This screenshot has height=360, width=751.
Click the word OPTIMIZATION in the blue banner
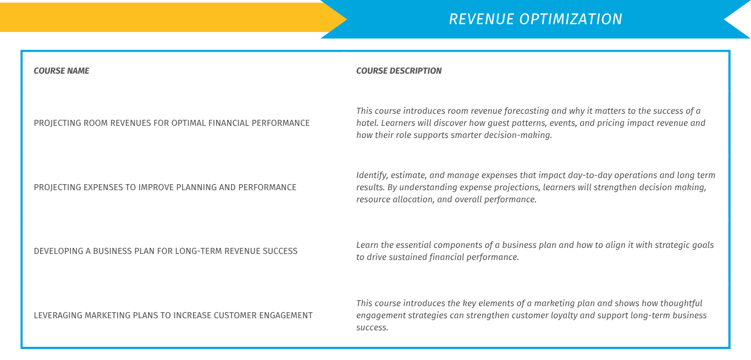pyautogui.click(x=571, y=19)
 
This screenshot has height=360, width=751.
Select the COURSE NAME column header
pyautogui.click(x=62, y=71)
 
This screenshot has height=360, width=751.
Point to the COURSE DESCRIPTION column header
pyautogui.click(x=399, y=71)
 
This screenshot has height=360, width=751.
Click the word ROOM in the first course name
pyautogui.click(x=96, y=123)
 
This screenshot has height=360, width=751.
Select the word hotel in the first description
pyautogui.click(x=367, y=123)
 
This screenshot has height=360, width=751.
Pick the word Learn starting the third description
pyautogui.click(x=367, y=245)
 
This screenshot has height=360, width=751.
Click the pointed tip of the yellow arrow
pyautogui.click(x=346, y=19)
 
